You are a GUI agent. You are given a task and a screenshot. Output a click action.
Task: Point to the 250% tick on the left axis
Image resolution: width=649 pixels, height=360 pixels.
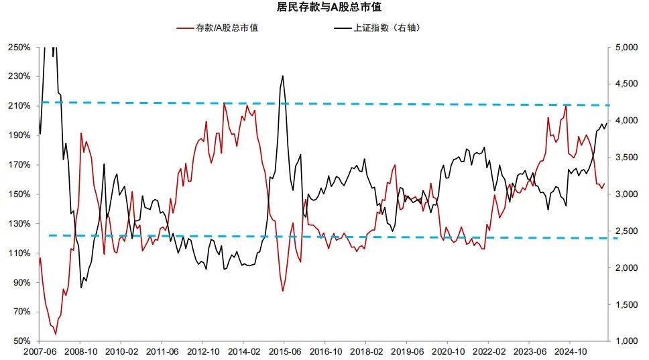[19, 48]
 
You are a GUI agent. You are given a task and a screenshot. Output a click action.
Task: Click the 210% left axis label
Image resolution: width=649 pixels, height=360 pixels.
[19, 106]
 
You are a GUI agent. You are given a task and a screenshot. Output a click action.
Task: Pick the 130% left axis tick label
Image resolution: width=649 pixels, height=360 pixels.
[19, 224]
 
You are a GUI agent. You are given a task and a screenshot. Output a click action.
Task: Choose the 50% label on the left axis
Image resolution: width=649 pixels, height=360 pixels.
[21, 341]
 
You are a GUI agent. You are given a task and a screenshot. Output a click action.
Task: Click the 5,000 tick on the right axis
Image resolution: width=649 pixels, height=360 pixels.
[626, 48]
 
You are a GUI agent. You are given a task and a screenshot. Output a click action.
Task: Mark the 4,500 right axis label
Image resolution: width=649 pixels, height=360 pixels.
[626, 84]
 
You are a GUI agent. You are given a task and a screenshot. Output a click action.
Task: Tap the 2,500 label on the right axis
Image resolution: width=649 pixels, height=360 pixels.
[626, 231]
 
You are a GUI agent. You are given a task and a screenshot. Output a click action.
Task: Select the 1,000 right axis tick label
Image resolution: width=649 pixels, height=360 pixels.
[626, 341]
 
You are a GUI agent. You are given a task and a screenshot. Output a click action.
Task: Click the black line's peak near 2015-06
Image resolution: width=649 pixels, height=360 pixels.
[283, 76]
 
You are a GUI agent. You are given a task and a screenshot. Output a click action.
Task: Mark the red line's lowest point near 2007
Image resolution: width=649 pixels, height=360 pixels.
[56, 333]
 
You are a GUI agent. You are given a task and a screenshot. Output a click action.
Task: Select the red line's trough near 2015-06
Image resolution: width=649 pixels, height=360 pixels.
[283, 290]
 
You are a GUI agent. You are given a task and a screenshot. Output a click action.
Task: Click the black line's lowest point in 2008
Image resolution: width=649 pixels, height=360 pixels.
[81, 288]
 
